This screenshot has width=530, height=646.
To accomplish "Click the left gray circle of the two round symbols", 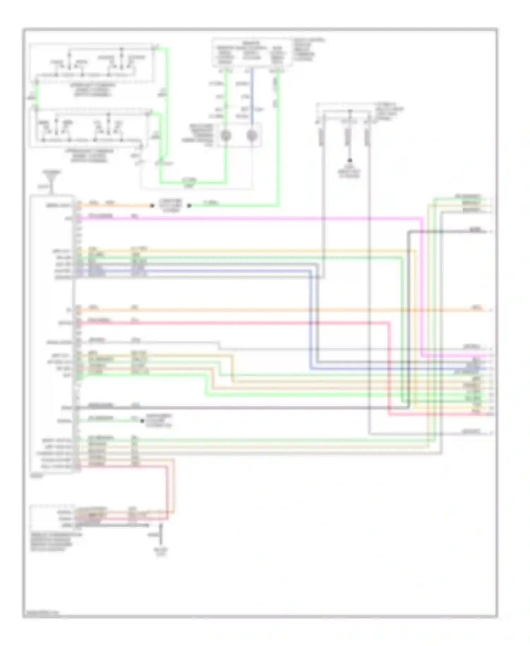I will click(226, 135).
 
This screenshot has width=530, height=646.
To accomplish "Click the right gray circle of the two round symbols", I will click(252, 135).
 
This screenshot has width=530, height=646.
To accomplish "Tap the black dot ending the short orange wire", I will click(152, 205).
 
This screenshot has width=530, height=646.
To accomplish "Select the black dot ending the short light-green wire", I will click(189, 205).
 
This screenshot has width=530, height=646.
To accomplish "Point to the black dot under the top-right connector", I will click(350, 160).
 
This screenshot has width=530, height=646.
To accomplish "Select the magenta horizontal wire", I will click(247, 218).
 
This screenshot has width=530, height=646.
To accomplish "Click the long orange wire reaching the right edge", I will click(283, 310).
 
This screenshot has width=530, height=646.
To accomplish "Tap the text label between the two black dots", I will click(171, 206).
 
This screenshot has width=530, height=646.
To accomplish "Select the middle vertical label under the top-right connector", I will click(348, 136).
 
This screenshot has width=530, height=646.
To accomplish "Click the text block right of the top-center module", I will click(305, 49).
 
